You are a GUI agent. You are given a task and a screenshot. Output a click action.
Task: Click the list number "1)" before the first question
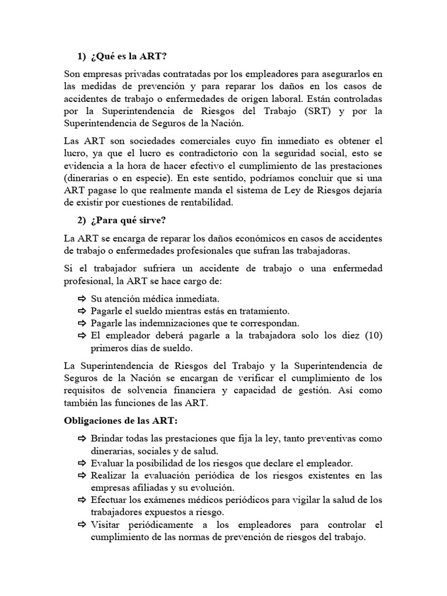point(81,56)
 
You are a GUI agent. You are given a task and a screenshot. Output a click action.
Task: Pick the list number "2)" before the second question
point(81,221)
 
